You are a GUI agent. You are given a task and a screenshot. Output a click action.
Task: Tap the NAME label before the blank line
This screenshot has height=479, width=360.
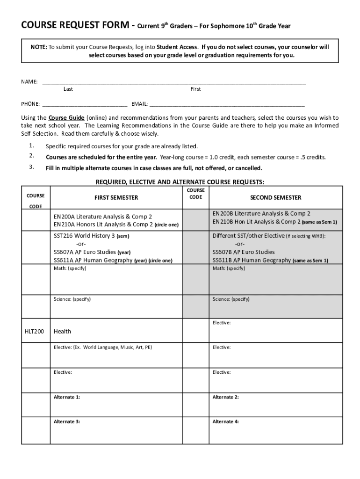click(29, 81)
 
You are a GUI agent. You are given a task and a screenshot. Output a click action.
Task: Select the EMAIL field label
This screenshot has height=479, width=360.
click(139, 104)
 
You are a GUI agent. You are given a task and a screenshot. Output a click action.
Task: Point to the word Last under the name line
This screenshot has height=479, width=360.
click(68, 89)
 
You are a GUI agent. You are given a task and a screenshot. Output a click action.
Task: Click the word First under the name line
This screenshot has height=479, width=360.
click(195, 89)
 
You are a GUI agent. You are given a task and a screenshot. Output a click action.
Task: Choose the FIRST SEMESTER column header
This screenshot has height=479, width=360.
click(116, 198)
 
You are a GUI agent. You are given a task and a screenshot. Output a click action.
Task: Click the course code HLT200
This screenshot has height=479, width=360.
click(34, 331)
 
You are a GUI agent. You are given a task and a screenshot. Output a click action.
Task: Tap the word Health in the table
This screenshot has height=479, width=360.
click(62, 331)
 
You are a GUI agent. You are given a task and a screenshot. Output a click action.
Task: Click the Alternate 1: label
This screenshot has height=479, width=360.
click(66, 397)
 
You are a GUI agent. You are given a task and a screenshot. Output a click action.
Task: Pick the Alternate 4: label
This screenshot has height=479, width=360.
click(226, 421)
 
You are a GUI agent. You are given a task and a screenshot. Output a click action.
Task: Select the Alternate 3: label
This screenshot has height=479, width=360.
click(66, 421)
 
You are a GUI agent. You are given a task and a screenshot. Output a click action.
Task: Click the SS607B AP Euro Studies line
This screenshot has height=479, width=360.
click(244, 252)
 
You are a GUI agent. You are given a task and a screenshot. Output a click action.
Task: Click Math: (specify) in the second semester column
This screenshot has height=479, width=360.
click(229, 268)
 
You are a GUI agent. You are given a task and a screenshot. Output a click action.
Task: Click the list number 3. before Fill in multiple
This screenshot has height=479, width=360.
click(31, 167)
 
